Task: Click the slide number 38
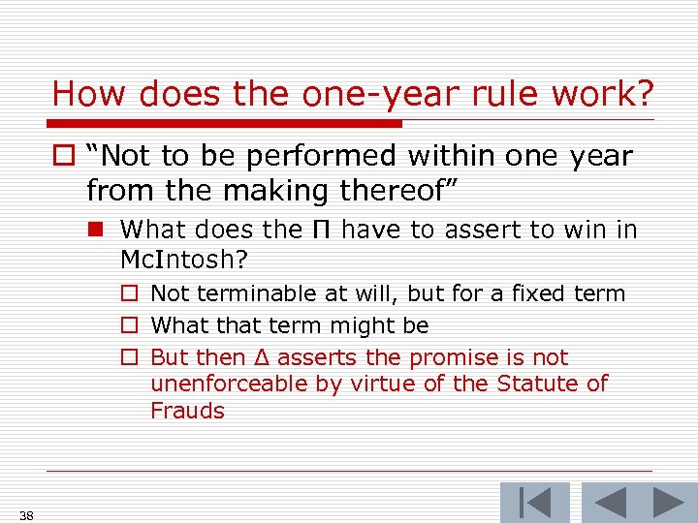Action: pos(26,515)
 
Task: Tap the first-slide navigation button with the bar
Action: pos(534,503)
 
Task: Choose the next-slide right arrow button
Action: pos(668,503)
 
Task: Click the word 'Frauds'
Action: pos(187,411)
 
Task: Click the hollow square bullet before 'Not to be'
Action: pos(64,157)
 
